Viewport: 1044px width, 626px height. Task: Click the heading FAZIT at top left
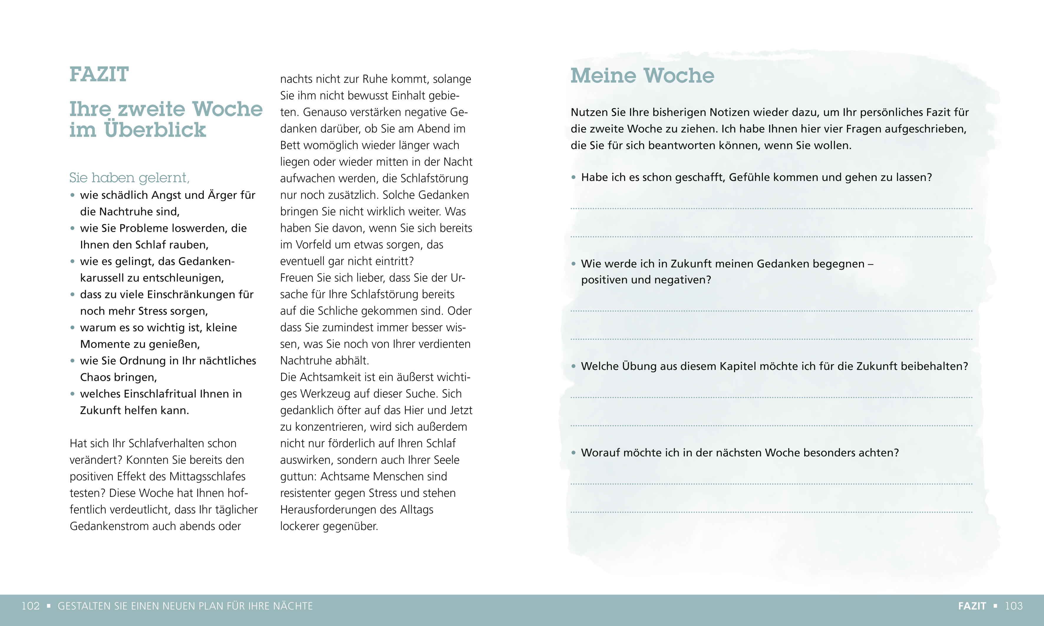click(x=99, y=75)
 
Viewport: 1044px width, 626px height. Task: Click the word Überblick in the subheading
click(x=155, y=130)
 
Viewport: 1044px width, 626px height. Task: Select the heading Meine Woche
click(x=642, y=76)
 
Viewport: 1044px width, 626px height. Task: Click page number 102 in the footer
click(x=30, y=606)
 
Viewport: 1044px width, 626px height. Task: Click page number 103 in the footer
click(x=1014, y=606)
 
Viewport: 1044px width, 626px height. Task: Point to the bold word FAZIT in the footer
click(x=972, y=606)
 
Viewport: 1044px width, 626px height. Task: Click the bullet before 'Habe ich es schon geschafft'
click(x=573, y=178)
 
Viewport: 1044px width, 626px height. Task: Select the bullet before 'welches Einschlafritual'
click(x=72, y=394)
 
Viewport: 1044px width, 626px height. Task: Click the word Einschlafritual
click(x=160, y=394)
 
